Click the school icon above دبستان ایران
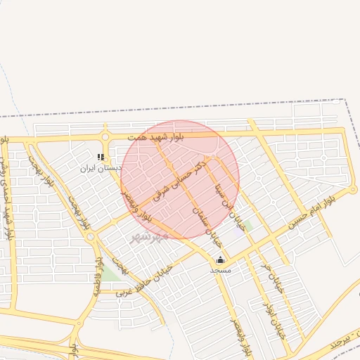click(101, 157)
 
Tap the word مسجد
click(220, 269)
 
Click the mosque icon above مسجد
click(220, 259)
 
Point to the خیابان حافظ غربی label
click(144, 280)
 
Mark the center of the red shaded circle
click(181, 179)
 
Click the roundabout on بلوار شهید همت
click(105, 136)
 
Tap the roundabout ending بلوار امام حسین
click(354, 190)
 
